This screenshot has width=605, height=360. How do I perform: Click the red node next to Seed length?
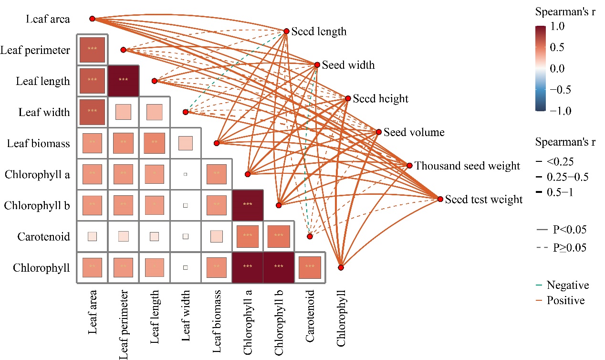click(286, 31)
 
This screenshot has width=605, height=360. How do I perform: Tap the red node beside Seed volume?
click(379, 132)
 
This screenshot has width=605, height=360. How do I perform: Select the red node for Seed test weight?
click(440, 199)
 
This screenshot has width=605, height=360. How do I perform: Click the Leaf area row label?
click(48, 19)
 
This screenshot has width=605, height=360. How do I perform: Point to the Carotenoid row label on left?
click(44, 236)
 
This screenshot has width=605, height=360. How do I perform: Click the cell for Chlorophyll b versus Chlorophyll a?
click(247, 205)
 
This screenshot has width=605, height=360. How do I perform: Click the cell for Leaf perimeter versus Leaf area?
click(93, 49)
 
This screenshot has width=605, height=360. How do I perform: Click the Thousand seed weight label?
click(467, 166)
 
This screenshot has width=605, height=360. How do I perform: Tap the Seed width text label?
click(348, 65)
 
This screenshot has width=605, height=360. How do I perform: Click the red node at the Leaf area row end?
click(93, 19)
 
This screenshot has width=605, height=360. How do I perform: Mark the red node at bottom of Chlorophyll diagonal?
click(341, 267)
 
